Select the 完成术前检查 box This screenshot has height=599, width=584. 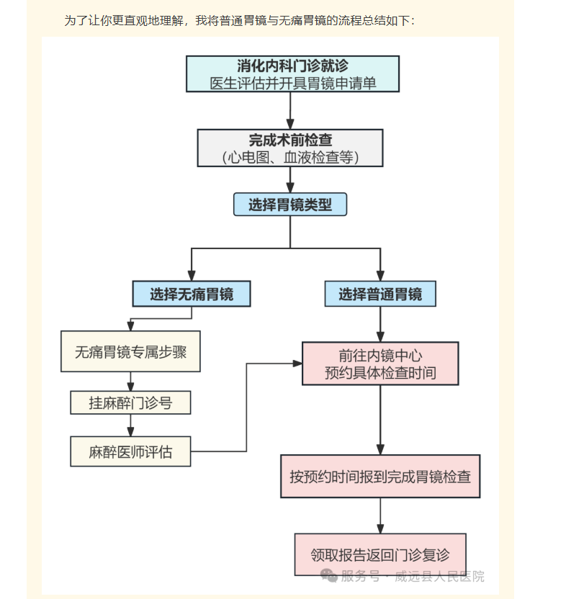(x=290, y=148)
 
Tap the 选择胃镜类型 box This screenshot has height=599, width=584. (x=290, y=204)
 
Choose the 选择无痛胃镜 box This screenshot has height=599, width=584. (x=191, y=294)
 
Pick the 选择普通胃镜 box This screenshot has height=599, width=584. (x=380, y=294)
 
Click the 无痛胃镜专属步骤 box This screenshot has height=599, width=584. (x=130, y=351)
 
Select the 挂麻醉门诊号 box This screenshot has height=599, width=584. (x=130, y=402)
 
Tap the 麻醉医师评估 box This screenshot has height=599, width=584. (x=130, y=452)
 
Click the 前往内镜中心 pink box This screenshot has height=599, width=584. (x=380, y=364)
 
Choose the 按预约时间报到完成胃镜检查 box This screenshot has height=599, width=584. (x=380, y=476)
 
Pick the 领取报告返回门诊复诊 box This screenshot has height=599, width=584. (x=380, y=554)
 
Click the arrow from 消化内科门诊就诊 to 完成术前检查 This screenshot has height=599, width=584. (x=290, y=110)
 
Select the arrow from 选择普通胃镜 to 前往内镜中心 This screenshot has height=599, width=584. (x=380, y=324)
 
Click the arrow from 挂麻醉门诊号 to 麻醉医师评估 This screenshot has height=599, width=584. (x=130, y=425)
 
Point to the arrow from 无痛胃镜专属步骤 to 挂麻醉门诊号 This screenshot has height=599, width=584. (x=130, y=381)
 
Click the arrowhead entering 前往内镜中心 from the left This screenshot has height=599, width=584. (x=297, y=364)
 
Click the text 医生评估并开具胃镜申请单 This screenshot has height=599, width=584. (x=292, y=83)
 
